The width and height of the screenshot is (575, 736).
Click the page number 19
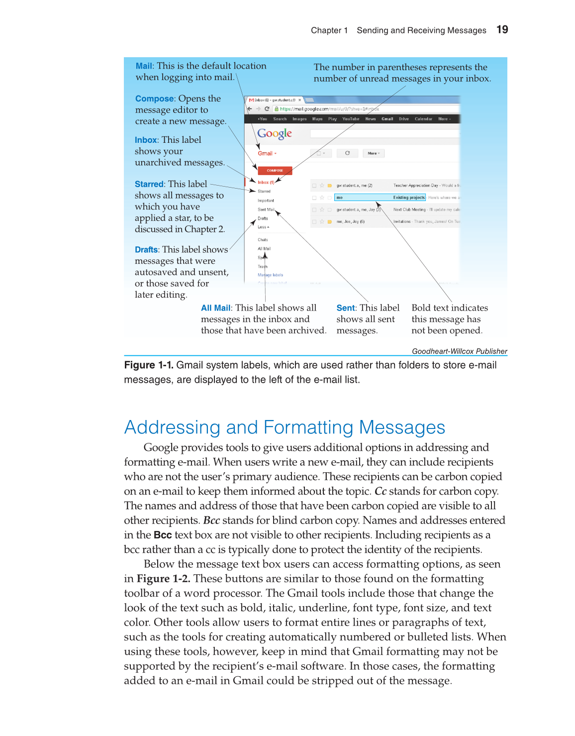[x=502, y=30]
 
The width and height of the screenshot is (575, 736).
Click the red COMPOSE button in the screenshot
[x=275, y=171]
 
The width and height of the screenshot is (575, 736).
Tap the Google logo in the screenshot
[x=275, y=133]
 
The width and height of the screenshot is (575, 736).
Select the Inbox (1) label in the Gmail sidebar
[x=266, y=183]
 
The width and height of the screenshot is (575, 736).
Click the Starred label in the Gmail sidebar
[x=264, y=192]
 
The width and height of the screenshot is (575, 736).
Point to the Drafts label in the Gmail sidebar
[x=263, y=218]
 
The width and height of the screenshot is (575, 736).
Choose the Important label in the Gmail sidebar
[x=266, y=201]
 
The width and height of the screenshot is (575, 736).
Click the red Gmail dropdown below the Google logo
[x=267, y=154]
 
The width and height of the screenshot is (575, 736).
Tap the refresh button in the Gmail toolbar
[x=347, y=153]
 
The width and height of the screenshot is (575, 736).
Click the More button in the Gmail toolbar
[x=374, y=153]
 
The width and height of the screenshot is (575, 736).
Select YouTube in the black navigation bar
[x=351, y=119]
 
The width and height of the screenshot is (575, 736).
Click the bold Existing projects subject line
[x=409, y=198]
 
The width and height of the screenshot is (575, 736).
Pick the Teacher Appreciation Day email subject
[x=416, y=186]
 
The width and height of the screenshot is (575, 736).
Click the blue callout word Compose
[x=154, y=99]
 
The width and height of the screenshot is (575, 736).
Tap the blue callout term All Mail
[x=216, y=308]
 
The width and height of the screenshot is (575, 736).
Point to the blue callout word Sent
[x=346, y=308]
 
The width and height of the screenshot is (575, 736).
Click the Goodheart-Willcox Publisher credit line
[x=459, y=351]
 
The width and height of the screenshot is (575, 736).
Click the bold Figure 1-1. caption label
[x=149, y=365]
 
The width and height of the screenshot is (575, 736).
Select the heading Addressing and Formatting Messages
[x=285, y=427]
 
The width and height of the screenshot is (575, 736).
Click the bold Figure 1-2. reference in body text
[x=164, y=579]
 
